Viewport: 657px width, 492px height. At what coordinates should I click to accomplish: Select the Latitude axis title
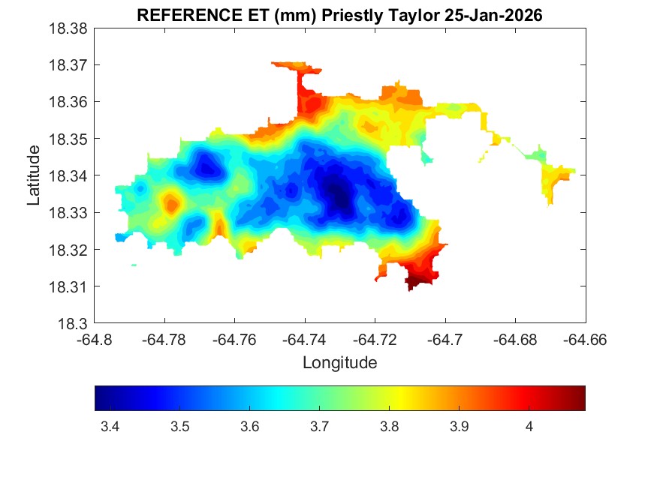click(34, 176)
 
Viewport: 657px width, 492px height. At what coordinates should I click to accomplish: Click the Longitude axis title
click(339, 363)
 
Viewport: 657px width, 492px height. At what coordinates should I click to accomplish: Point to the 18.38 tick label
click(69, 28)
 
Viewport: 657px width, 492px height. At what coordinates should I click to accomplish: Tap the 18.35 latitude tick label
click(69, 139)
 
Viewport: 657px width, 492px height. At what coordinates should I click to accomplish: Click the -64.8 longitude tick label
click(95, 340)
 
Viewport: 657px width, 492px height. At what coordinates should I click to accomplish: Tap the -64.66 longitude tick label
click(586, 340)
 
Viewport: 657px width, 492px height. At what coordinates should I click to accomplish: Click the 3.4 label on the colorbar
click(110, 427)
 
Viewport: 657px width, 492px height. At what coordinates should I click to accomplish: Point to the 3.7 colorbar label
click(319, 427)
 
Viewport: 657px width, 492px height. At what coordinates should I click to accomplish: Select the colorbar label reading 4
click(529, 427)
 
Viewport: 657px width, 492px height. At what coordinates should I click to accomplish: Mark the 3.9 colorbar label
click(460, 427)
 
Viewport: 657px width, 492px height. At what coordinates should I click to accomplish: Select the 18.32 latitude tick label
click(69, 250)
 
